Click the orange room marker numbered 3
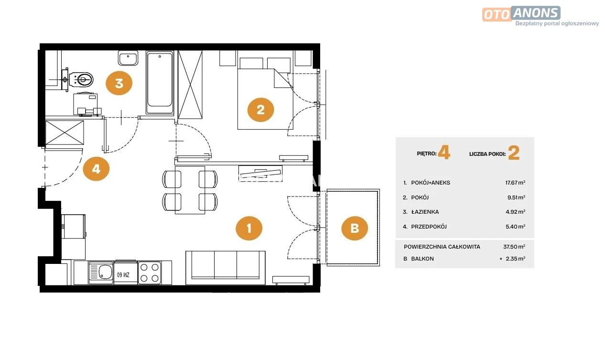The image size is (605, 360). coord(119,83)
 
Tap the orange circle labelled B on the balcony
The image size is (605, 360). coord(355,229)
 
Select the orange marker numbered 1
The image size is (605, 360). coord(249,229)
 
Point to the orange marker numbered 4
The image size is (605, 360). coord(96,169)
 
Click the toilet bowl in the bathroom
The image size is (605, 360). coord(81,80)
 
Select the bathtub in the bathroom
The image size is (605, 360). coord(160,82)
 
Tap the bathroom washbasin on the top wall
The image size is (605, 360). coord(128,58)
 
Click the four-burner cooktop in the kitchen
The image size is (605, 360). coord(150,273)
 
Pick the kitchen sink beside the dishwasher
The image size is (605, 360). coord(101,273)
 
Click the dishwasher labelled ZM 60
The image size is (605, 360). coord(126,273)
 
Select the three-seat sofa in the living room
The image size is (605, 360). coord(226,268)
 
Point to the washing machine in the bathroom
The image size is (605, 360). coord(86,104)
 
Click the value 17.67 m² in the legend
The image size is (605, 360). coord(515,183)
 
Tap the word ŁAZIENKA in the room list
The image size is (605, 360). coord(425,212)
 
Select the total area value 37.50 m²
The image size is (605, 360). coord(514,247)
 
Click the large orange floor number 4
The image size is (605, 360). coord(444,153)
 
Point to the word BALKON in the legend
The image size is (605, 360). coord(422,259)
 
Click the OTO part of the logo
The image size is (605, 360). coord(497,15)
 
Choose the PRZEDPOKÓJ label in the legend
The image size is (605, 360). coord(429,227)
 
